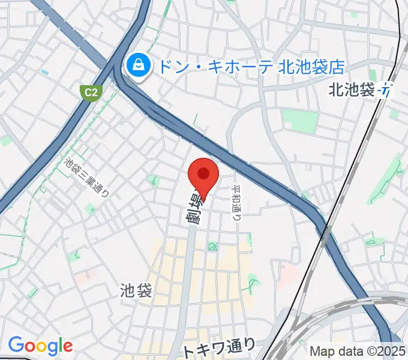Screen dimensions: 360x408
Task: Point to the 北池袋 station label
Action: click(352, 90)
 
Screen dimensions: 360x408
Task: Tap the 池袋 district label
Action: click(136, 291)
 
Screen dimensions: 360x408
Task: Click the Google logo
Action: click(40, 346)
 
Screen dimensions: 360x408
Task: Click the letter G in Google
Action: click(16, 345)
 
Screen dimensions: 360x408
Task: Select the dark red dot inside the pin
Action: click(203, 173)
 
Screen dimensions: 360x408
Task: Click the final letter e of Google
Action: click(67, 346)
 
